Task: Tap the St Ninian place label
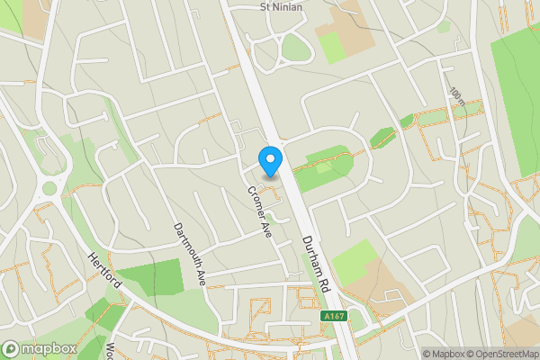[x=281, y=7]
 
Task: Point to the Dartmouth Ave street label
[x=190, y=255]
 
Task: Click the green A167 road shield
[x=332, y=316]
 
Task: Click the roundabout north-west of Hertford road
[x=49, y=189]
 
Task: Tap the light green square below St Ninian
[x=333, y=47]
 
